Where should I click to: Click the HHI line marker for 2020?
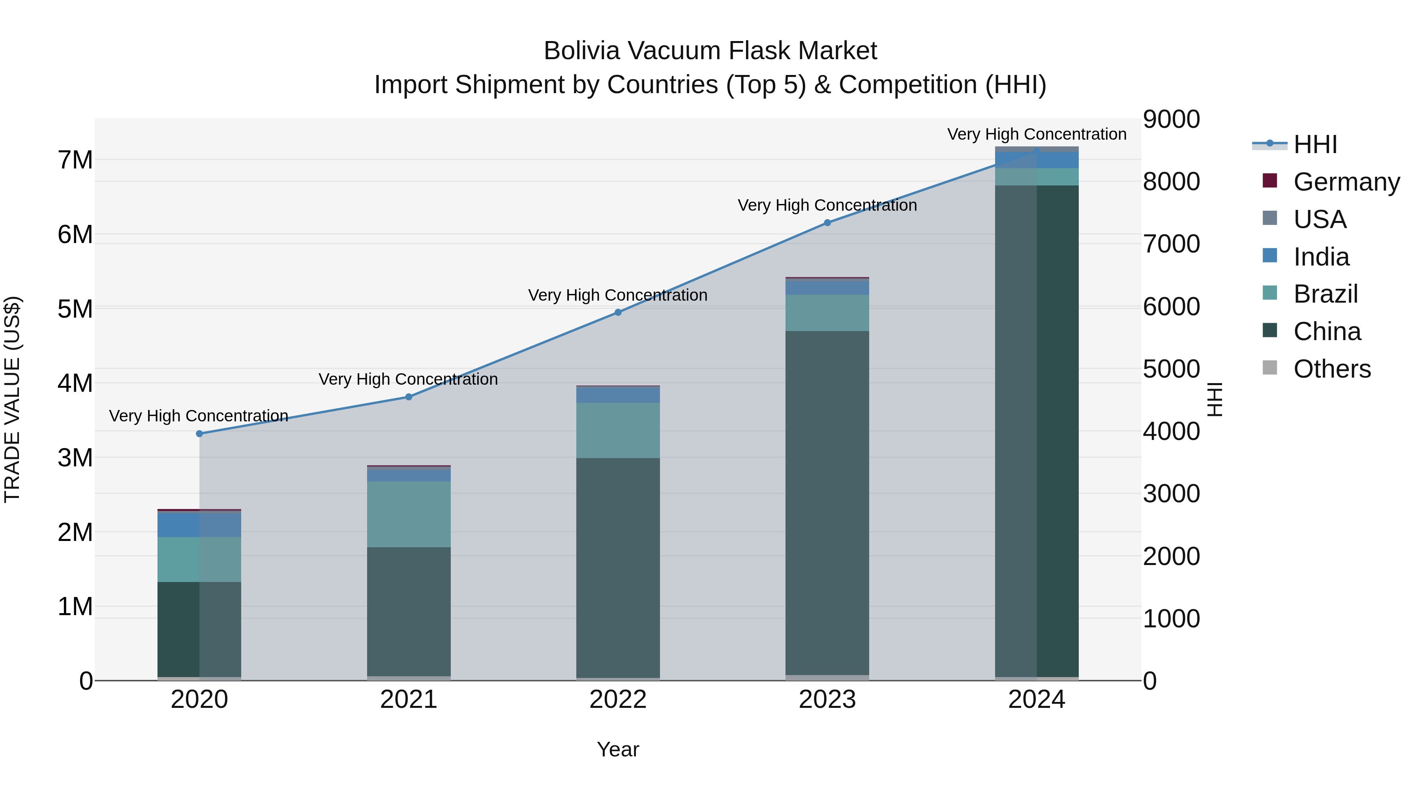point(200,434)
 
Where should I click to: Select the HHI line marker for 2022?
point(618,312)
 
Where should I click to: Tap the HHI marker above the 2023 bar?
point(827,223)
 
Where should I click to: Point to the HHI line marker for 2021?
point(409,397)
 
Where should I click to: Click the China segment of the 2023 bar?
point(827,502)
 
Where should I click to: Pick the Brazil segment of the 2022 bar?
point(618,430)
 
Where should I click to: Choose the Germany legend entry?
point(1346,182)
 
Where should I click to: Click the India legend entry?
point(1321,257)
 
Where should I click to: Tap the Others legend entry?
point(1332,369)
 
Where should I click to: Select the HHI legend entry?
point(1315,144)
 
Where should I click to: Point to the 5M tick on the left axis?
point(75,309)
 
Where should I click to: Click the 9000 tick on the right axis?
point(1171,120)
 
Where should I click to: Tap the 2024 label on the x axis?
point(1037,700)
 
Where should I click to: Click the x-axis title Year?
point(618,749)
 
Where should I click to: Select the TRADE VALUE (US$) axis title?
point(13,399)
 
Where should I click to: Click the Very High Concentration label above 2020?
point(199,416)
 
